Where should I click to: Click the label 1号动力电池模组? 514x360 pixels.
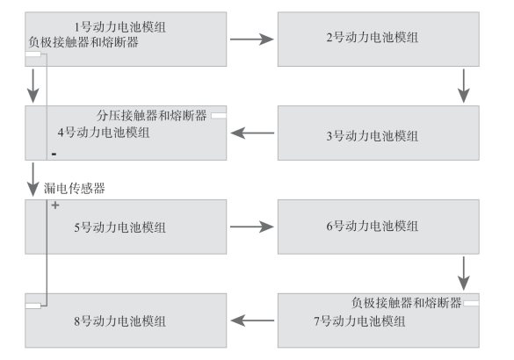point(120,27)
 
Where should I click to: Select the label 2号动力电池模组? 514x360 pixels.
point(372,38)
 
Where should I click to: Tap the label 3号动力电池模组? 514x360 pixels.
point(372,136)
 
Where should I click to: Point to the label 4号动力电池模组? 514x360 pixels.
point(104,133)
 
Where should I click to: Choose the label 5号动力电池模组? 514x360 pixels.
point(120,227)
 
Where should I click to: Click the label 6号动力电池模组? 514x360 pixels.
point(372,226)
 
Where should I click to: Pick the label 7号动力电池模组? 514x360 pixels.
point(359,321)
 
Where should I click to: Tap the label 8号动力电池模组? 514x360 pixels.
point(120,321)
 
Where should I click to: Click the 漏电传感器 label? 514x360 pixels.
point(75,189)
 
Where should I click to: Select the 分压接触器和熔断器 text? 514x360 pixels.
point(151,115)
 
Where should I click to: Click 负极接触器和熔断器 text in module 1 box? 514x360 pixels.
point(83,42)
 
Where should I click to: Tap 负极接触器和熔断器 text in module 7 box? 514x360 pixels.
point(407,303)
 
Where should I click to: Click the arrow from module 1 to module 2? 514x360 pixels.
point(252,40)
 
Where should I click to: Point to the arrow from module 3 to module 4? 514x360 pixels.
point(252,133)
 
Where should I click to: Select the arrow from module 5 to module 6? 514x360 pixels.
point(252,227)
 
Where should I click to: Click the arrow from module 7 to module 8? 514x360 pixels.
point(252,320)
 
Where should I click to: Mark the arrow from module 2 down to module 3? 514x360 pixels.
point(464,86)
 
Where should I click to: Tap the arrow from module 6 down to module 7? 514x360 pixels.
point(464,273)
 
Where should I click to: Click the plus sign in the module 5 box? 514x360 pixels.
point(55,205)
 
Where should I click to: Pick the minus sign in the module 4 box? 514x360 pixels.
point(54,154)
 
